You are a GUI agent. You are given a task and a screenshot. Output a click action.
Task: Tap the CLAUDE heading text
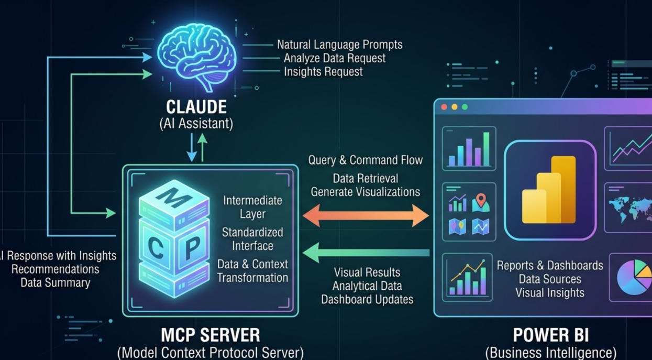[196, 107]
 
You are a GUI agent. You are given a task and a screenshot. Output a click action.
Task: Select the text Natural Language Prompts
[339, 45]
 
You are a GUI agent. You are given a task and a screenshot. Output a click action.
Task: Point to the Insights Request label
[323, 72]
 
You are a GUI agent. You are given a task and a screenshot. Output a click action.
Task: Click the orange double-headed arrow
[366, 215]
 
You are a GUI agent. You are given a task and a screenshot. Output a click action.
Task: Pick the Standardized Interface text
[252, 239]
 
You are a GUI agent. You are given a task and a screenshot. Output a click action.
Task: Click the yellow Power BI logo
[550, 190]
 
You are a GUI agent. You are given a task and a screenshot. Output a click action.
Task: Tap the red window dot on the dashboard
[444, 107]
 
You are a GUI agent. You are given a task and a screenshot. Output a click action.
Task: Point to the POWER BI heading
[550, 335]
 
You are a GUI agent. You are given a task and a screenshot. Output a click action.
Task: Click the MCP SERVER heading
[210, 335]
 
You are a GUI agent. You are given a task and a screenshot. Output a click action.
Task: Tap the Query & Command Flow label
[365, 160]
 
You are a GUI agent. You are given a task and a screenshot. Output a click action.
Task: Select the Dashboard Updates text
[367, 300]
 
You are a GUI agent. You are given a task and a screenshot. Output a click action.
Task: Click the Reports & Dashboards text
[550, 266]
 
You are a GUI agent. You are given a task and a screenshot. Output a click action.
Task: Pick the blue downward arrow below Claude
[192, 148]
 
